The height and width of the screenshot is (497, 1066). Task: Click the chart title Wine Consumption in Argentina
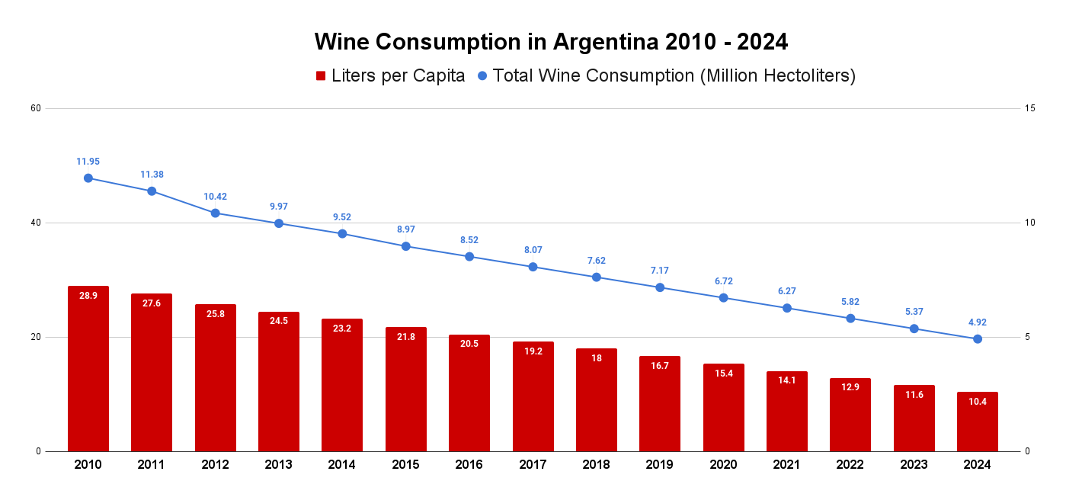(x=551, y=41)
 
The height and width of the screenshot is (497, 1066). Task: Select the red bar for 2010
(x=88, y=369)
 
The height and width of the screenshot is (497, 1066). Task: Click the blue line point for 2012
(x=215, y=213)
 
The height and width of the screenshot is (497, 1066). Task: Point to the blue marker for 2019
(x=660, y=287)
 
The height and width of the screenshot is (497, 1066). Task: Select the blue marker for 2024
(x=978, y=338)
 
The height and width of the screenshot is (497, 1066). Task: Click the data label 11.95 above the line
(x=88, y=162)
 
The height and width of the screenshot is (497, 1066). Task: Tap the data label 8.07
(x=533, y=250)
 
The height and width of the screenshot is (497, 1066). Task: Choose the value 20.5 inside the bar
(x=469, y=344)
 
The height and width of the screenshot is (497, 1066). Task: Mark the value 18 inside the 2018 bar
(x=597, y=358)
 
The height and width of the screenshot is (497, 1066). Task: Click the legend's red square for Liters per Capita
(x=321, y=76)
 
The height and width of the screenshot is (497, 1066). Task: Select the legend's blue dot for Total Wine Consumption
(x=482, y=76)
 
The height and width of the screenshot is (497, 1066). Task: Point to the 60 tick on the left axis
(x=36, y=108)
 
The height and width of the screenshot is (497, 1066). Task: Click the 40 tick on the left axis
(x=36, y=223)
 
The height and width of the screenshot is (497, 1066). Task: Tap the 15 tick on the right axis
(x=1030, y=108)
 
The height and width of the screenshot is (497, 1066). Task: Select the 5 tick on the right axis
(x=1028, y=337)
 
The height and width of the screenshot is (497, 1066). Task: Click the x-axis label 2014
(x=342, y=465)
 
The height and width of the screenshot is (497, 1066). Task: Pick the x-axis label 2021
(x=787, y=465)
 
